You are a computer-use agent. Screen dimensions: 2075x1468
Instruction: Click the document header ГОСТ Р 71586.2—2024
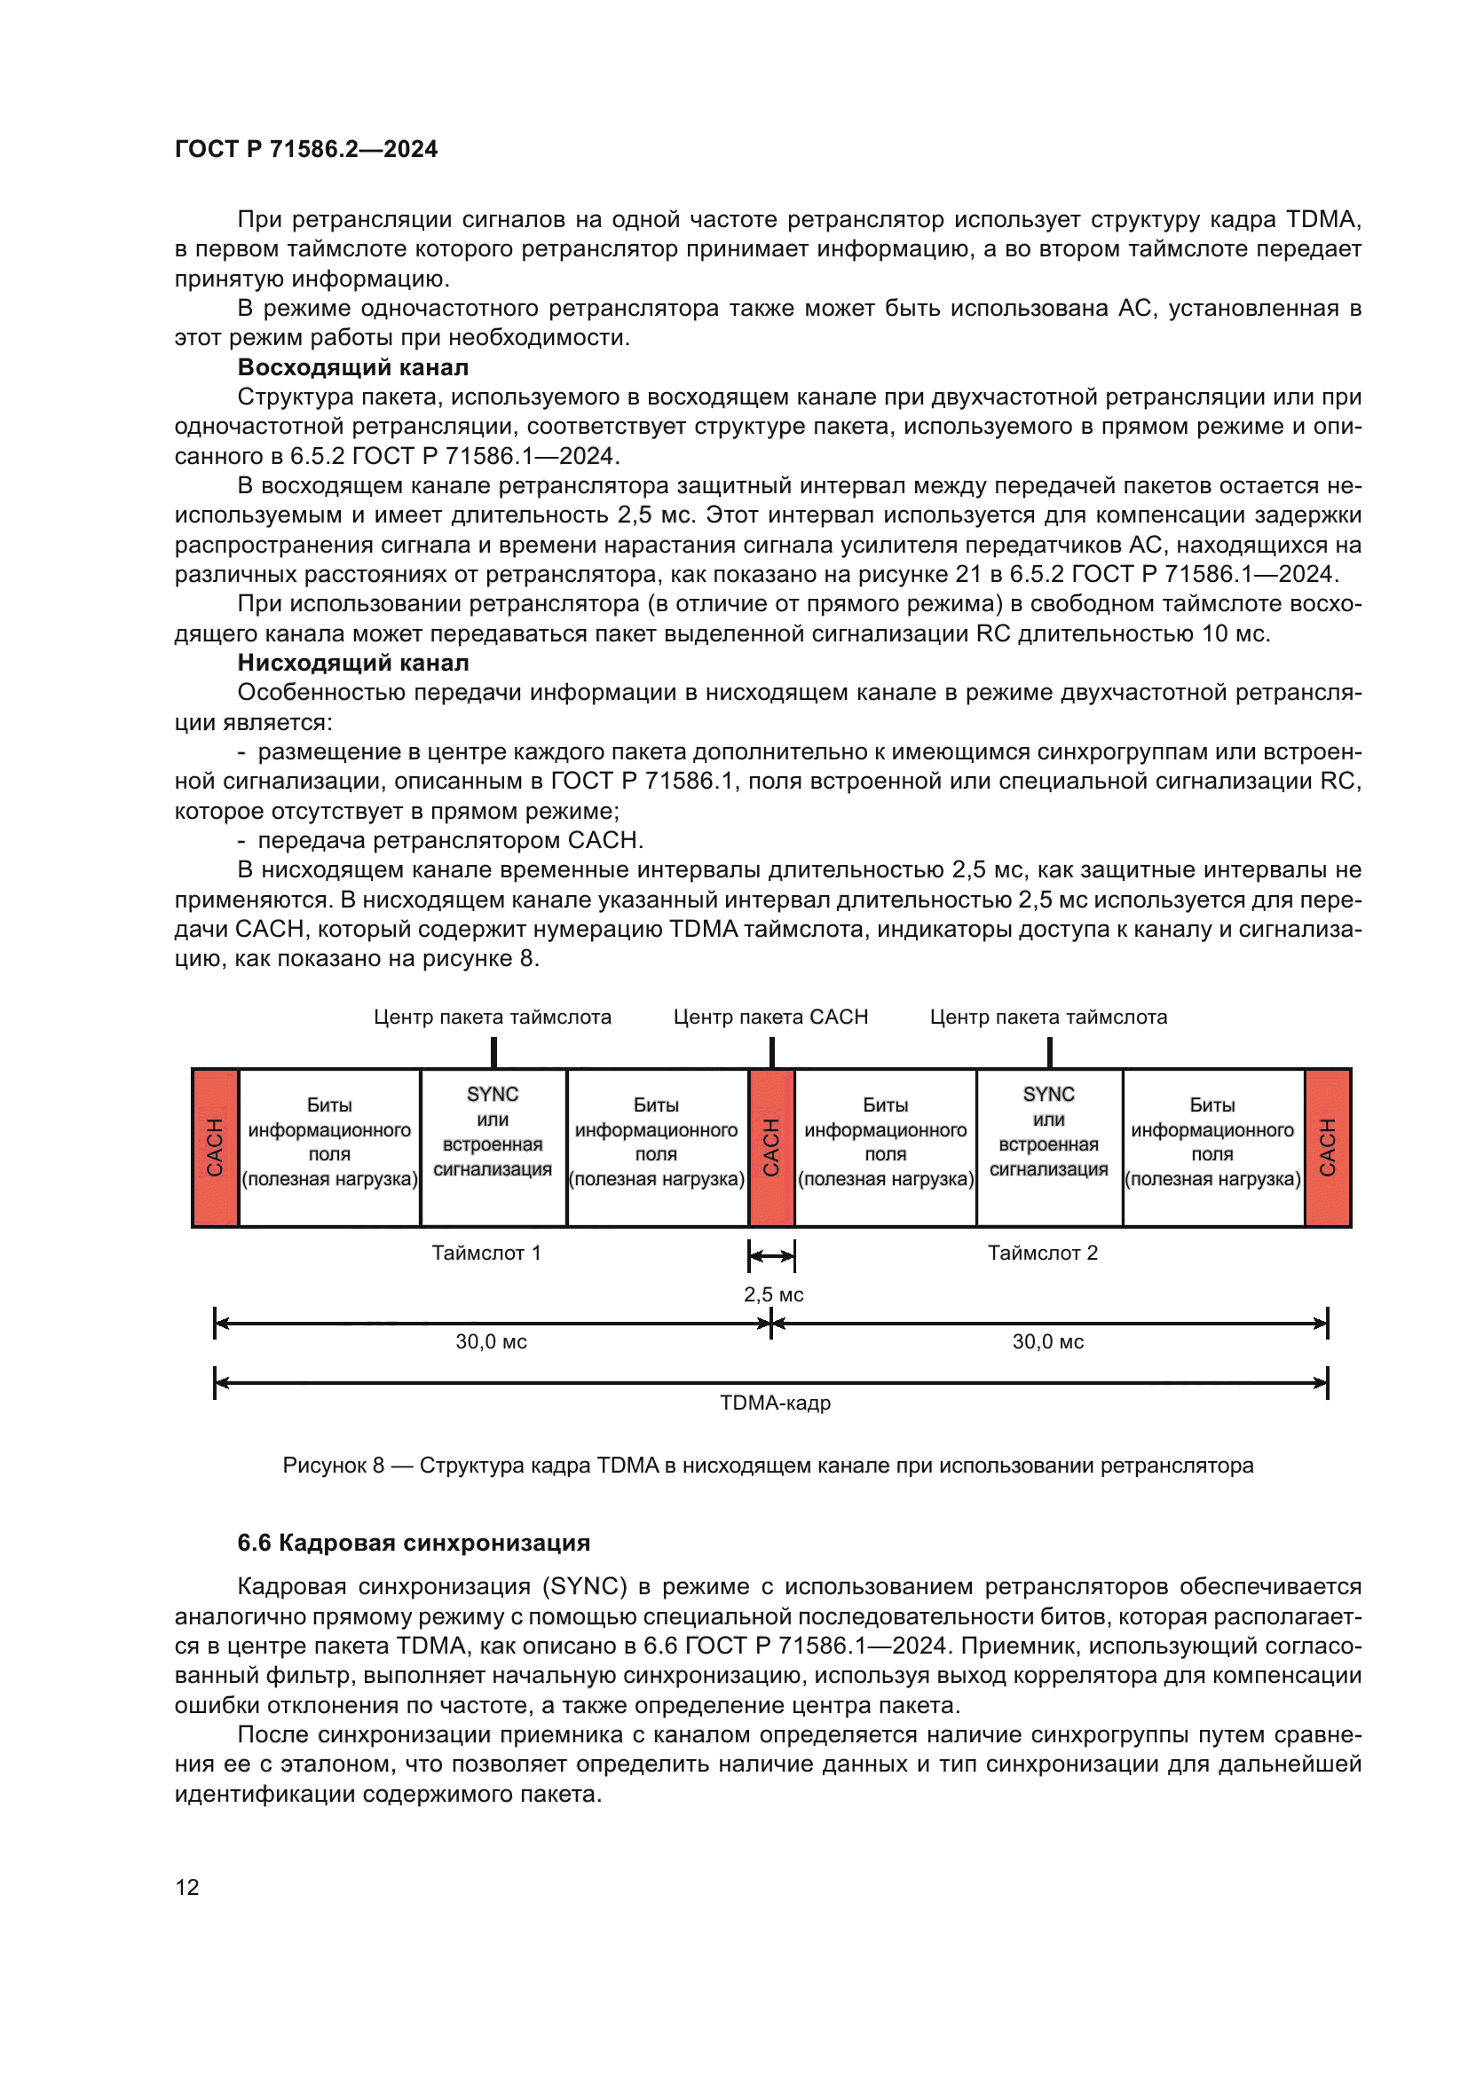(305, 149)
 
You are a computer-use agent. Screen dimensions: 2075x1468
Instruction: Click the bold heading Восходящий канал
(352, 367)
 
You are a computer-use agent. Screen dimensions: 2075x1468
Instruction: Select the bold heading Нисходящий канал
(352, 663)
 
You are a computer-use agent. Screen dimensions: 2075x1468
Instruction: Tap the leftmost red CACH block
(215, 1147)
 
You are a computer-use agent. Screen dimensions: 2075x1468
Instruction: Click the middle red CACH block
(771, 1147)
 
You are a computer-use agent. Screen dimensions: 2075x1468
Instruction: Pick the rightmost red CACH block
(1327, 1147)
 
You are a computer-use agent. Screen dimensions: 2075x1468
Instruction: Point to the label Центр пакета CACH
(770, 1017)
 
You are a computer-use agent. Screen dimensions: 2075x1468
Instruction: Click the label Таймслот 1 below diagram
(486, 1253)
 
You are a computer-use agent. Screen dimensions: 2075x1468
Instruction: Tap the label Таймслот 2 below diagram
(1042, 1253)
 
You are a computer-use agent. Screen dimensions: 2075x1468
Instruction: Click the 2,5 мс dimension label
(774, 1294)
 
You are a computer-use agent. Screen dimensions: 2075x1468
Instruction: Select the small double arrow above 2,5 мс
(771, 1256)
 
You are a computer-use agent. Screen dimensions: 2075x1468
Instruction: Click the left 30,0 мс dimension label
(491, 1341)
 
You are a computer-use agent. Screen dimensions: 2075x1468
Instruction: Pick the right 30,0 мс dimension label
(1047, 1341)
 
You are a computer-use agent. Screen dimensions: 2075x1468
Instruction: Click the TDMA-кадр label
(775, 1403)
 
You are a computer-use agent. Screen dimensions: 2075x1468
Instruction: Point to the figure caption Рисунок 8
(768, 1465)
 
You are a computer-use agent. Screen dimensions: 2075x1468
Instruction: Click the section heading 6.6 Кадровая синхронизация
(413, 1543)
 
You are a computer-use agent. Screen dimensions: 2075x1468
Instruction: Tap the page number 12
(187, 1887)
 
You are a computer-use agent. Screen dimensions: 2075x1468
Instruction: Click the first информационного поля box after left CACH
(329, 1143)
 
